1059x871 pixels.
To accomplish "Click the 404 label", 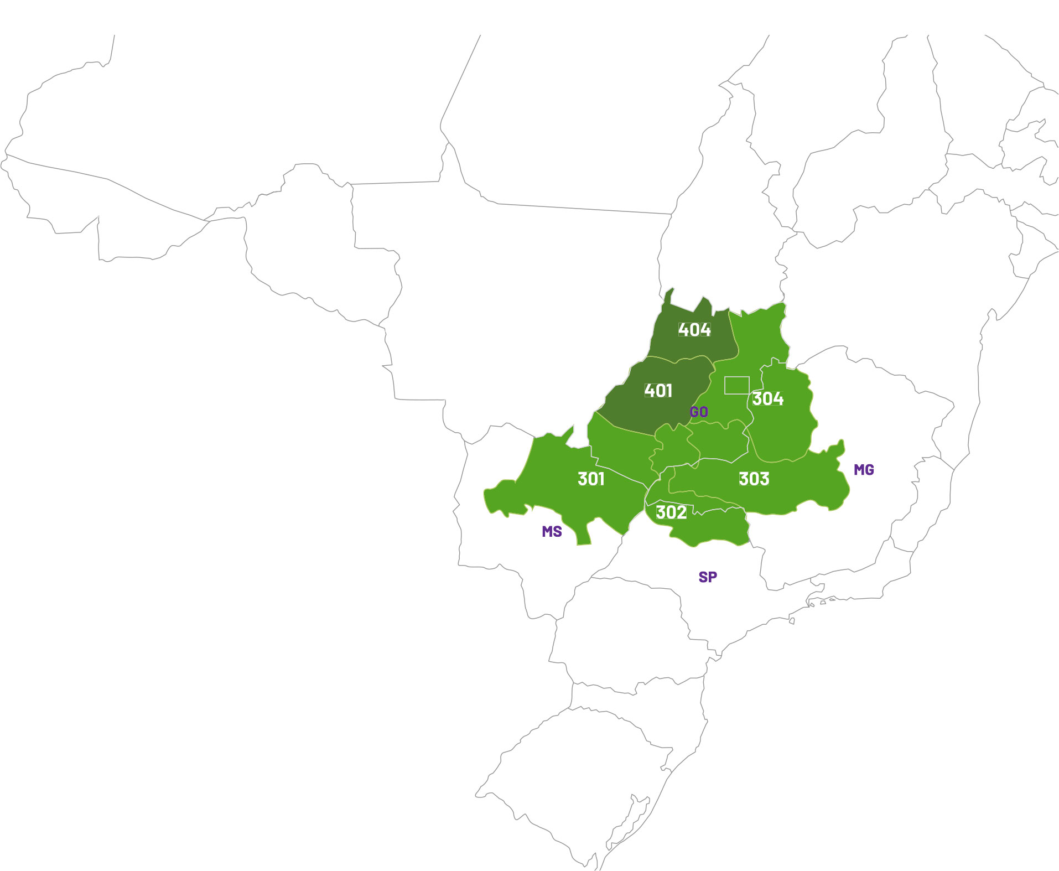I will [694, 330].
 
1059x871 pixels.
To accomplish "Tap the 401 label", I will [658, 391].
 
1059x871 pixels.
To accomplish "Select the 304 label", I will [767, 398].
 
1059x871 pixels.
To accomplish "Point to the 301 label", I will [591, 479].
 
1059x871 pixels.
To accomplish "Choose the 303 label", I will [754, 479].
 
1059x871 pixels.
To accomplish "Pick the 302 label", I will [671, 512].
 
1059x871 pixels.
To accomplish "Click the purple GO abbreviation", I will [699, 412].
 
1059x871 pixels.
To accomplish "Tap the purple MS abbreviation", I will [552, 532].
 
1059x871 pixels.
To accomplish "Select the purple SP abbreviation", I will [708, 577].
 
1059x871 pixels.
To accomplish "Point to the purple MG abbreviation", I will [864, 470].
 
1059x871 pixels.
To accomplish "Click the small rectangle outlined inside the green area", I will [737, 385].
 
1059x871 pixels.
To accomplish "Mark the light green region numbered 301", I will [559, 487].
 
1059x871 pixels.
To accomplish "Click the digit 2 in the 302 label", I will [681, 512].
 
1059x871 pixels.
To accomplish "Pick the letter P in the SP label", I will [713, 577].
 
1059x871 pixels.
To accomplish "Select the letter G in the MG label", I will [869, 470].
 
